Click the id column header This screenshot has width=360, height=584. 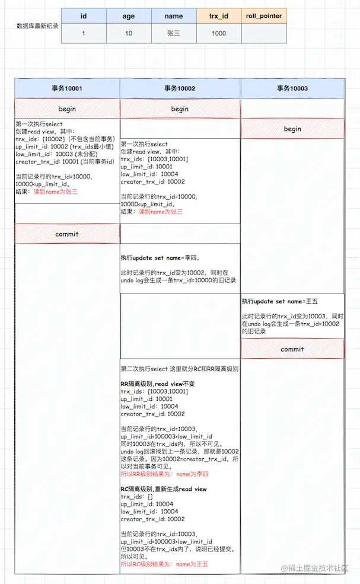tap(84, 17)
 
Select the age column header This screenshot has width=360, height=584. tap(129, 17)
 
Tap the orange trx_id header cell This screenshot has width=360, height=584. tap(219, 17)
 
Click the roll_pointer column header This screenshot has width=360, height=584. tap(264, 17)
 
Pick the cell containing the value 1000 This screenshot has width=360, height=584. tap(219, 34)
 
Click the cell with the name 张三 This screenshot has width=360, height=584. tap(174, 34)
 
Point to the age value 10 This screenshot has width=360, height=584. tap(129, 34)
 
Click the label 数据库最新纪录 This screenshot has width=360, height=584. tap(38, 26)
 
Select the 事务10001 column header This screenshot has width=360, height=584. tap(67, 88)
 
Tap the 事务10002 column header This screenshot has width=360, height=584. tap(180, 88)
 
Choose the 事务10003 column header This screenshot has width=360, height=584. tap(292, 88)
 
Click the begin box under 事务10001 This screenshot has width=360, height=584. tap(67, 109)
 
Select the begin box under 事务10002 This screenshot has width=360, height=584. tap(180, 109)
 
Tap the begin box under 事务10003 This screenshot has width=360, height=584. tap(292, 129)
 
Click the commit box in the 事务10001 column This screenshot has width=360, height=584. tap(67, 234)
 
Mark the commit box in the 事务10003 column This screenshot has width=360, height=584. tap(292, 349)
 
